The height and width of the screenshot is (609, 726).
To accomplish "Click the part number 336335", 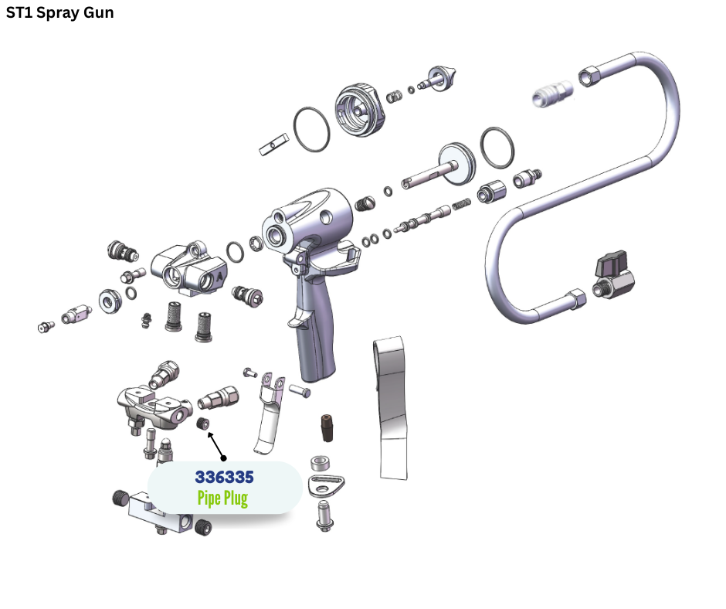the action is click(x=224, y=477).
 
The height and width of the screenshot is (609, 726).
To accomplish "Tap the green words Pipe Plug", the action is click(x=222, y=498).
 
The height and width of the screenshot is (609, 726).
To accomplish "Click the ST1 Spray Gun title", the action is click(x=59, y=12).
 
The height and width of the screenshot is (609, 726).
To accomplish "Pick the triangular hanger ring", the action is click(x=326, y=485).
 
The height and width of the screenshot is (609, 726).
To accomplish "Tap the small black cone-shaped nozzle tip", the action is click(x=327, y=428).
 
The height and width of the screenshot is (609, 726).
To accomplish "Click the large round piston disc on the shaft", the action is click(x=457, y=164).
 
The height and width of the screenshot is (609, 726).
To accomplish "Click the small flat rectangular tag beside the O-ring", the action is click(x=273, y=145).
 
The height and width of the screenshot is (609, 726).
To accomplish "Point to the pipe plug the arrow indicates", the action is click(x=203, y=424).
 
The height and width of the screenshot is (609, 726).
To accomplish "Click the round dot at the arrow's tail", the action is click(x=224, y=458).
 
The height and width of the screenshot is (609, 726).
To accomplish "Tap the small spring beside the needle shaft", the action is click(x=461, y=204).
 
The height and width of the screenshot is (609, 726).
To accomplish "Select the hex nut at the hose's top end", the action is click(x=589, y=76).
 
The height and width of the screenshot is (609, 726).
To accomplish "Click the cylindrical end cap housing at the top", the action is click(x=360, y=110).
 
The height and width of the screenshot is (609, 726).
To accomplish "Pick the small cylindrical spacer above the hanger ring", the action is click(x=320, y=464).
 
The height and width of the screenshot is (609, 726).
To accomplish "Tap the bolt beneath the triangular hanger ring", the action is click(x=325, y=515).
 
